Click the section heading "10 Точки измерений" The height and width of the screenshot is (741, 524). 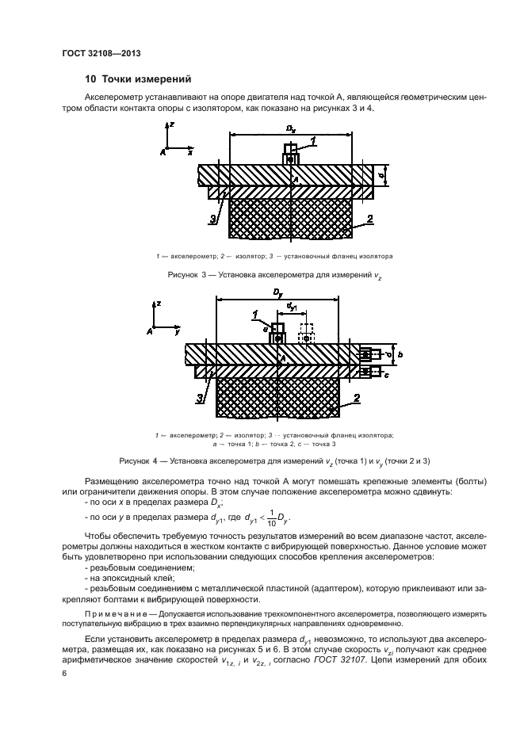[x=138, y=79]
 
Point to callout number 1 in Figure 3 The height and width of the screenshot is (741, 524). [x=313, y=141]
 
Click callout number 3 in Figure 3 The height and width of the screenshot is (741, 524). [x=212, y=219]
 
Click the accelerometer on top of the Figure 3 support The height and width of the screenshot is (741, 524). [x=290, y=155]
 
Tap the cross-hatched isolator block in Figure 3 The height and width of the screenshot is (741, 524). [x=289, y=218]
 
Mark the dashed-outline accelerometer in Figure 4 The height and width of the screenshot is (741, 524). [x=306, y=334]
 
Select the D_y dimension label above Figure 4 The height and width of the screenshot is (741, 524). [x=277, y=292]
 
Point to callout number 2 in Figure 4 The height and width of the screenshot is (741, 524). [x=356, y=398]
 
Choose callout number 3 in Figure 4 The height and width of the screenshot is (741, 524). [x=201, y=397]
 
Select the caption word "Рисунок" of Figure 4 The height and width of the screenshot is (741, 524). [x=134, y=460]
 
